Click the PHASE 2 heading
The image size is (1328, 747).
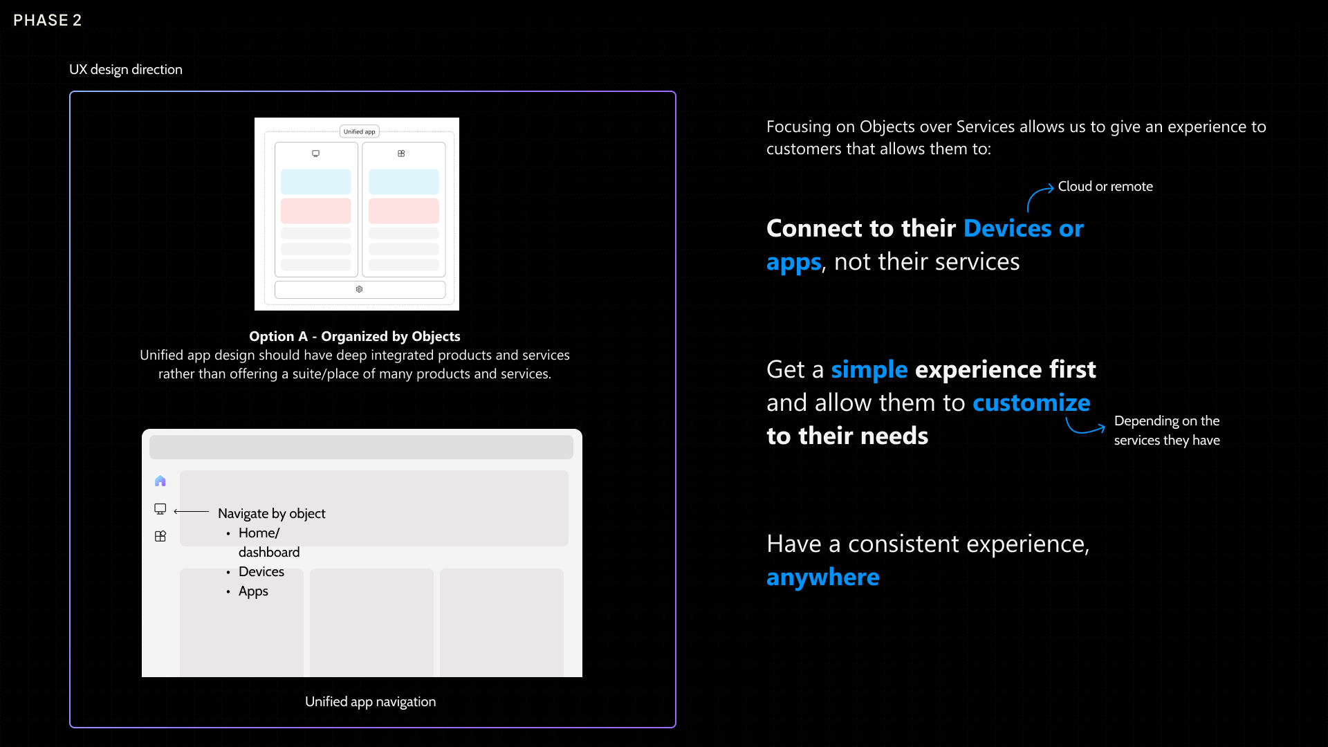[47, 20]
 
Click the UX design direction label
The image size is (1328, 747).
[125, 69]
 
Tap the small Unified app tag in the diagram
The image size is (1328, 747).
[359, 131]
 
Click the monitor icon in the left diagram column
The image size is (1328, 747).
[315, 154]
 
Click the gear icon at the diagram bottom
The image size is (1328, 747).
[359, 289]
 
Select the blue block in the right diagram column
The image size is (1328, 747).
[403, 181]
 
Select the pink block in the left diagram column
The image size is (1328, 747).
[315, 210]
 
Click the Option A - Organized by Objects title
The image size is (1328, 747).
[354, 336]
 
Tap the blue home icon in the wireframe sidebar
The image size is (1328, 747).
[160, 481]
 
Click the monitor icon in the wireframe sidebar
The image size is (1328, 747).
[160, 509]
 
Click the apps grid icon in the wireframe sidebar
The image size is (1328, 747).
[160, 536]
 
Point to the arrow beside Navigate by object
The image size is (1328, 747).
[191, 511]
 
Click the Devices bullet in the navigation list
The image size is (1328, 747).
[261, 571]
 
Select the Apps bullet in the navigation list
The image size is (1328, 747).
[252, 591]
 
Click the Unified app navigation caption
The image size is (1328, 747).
[370, 701]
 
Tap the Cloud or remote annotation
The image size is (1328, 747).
[1105, 186]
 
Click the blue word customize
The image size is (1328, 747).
[1031, 403]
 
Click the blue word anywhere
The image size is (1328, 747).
[822, 577]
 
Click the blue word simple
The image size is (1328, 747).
[869, 369]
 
